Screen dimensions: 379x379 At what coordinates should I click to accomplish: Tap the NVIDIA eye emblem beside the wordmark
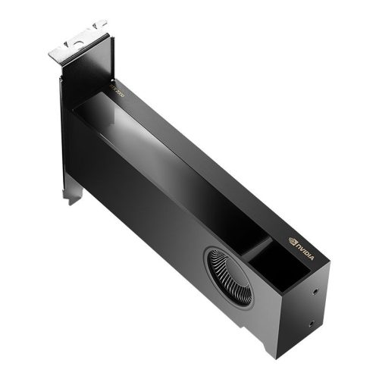pos(292,240)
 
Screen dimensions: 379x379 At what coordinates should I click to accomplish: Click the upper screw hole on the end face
pos(313,288)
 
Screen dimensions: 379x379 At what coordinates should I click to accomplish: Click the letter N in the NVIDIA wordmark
pos(298,243)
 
